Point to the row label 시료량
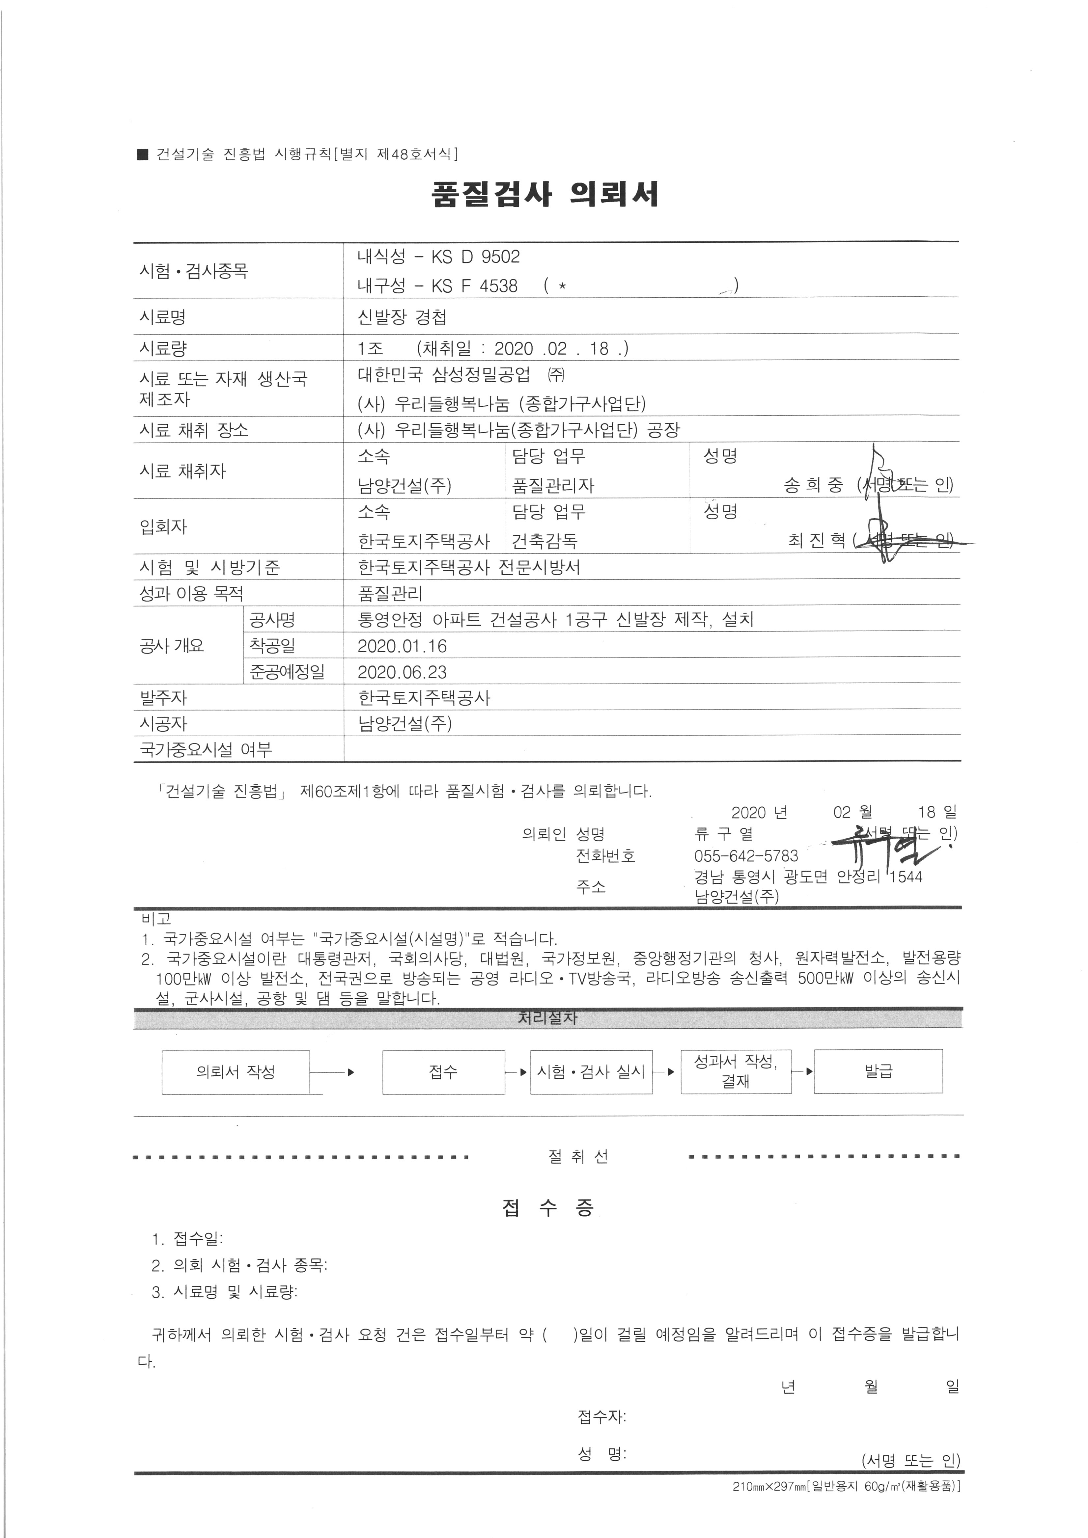point(163,348)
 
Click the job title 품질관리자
point(553,486)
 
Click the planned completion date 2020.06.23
point(402,672)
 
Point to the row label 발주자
point(163,698)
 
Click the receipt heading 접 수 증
point(547,1208)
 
